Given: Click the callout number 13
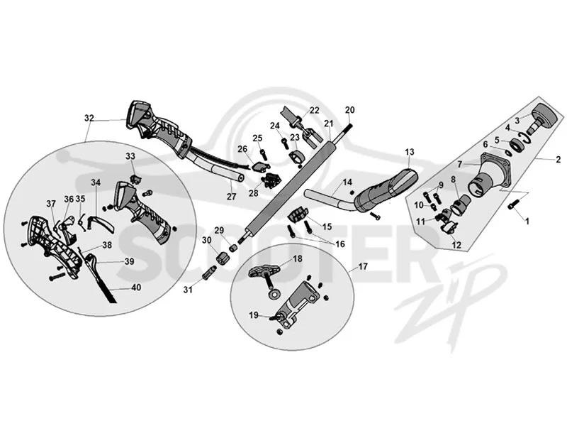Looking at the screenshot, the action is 410,152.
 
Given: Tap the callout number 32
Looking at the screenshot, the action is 89,118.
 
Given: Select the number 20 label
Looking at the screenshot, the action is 349,110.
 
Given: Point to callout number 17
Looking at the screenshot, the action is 363,267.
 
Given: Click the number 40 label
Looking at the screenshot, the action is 136,288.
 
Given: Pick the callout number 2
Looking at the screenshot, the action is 558,159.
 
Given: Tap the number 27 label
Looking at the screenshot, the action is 232,197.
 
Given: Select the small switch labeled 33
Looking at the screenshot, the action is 135,179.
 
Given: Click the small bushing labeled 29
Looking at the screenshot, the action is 233,248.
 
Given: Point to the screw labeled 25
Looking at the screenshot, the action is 263,155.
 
